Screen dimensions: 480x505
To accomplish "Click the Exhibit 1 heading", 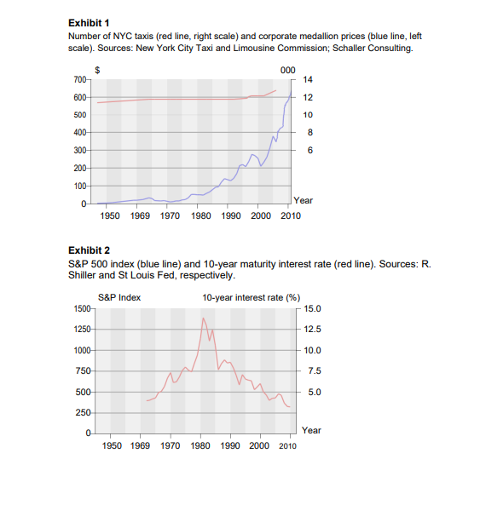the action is [89, 23].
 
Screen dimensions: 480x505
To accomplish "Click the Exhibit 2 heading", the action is [89, 250].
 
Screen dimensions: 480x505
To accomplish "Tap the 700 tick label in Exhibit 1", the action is [79, 79].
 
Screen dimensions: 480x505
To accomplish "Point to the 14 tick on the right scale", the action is [308, 79].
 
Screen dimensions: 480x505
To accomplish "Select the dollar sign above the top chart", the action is [97, 70].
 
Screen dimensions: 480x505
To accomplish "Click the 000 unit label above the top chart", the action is [288, 70].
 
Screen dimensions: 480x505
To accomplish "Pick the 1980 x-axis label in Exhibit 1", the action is [201, 215].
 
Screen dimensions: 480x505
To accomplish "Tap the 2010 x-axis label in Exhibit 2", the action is [287, 445].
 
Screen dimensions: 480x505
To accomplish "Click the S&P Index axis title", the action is [119, 297].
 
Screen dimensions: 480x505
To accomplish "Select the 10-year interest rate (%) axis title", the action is [252, 297].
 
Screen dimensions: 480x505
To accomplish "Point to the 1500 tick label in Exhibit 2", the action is [82, 308].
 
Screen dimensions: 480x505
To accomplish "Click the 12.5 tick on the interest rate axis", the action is [313, 329].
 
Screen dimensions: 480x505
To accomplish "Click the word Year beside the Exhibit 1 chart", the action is [303, 200].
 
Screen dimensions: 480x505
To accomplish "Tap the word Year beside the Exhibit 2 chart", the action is [311, 430].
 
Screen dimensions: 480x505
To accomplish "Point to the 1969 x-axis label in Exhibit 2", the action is [140, 445].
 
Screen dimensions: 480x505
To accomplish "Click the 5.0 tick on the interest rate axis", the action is [315, 392].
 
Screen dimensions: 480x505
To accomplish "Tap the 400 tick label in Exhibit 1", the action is [79, 132].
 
